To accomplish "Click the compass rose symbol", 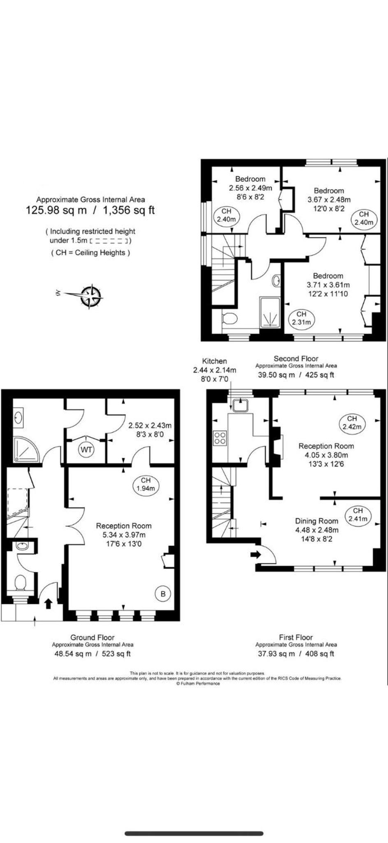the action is click(x=91, y=296).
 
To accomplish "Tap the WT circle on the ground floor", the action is click(x=86, y=449).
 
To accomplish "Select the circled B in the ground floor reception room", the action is click(x=163, y=594).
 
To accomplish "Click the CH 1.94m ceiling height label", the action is click(x=146, y=484).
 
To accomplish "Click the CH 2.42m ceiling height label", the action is click(x=352, y=423).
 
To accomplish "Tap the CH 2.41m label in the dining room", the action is click(x=358, y=515).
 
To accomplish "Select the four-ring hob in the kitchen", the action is click(x=220, y=437).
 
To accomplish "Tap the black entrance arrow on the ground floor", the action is click(x=48, y=603).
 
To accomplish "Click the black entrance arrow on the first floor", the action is click(x=256, y=554).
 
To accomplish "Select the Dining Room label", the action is click(x=317, y=521).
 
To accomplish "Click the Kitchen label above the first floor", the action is click(x=214, y=361).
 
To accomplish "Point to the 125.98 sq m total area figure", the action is click(x=56, y=210).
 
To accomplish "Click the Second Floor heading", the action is click(x=296, y=359).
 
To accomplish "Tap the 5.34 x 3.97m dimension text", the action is click(x=124, y=535).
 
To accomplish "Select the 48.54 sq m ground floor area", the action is click(x=73, y=654).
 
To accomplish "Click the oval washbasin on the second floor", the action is click(x=276, y=281).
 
